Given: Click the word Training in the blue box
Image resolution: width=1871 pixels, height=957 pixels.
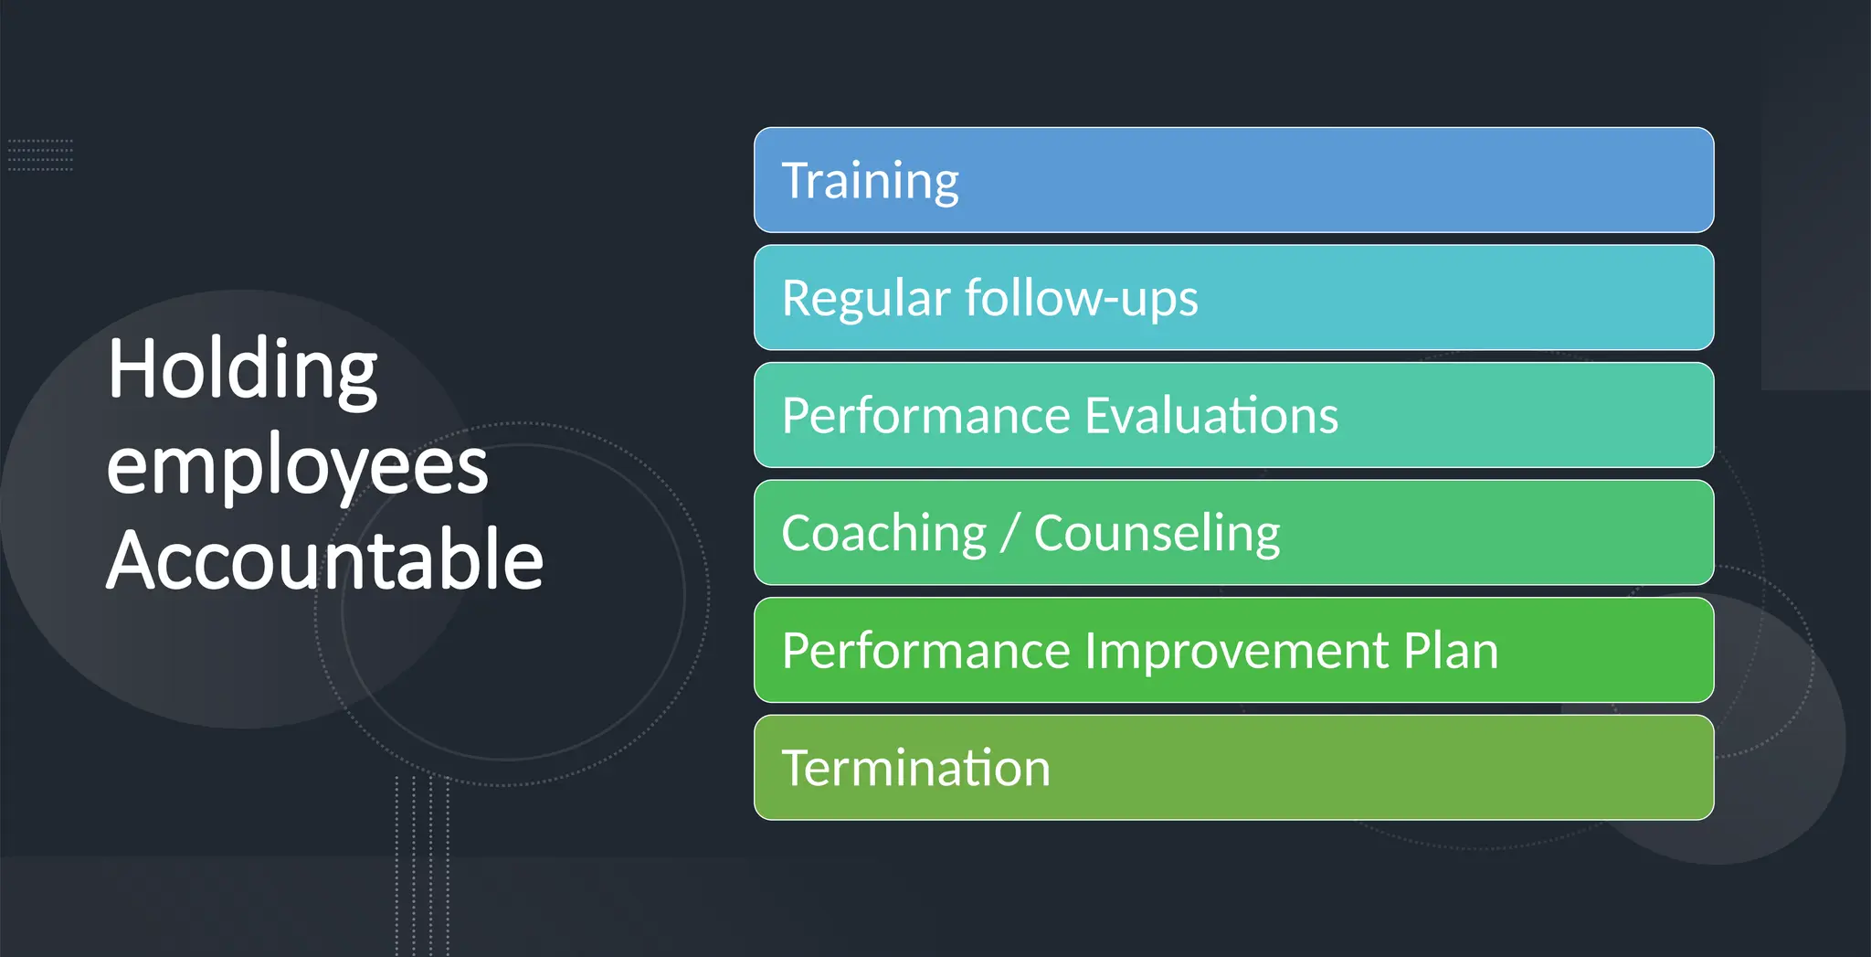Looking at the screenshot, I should coord(870,181).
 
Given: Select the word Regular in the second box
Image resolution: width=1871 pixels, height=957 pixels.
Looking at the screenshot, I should coord(865,299).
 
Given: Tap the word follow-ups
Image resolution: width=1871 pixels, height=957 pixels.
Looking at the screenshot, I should coord(1081,299).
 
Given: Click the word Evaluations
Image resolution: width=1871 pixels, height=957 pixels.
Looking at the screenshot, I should coord(1210,416).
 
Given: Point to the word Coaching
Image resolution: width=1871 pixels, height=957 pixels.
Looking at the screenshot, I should coord(883,534).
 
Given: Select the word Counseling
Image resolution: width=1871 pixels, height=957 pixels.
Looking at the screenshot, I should coord(1157,534).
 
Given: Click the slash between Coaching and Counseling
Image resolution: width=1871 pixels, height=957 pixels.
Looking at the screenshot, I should coord(1009,534).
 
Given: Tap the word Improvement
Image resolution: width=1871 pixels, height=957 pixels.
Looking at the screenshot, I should coord(1237,651).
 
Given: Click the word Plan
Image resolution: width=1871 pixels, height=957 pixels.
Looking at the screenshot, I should coord(1450,651).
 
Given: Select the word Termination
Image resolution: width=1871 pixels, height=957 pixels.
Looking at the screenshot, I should coord(915,769).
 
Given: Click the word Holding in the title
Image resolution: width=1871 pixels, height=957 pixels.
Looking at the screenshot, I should coord(242,370).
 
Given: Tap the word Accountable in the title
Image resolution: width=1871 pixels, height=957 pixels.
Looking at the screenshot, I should coord(324,559).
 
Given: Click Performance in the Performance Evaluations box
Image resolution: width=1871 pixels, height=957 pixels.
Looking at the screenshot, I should coord(925,416).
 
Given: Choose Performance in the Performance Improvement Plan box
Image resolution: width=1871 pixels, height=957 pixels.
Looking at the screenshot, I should coord(925,651).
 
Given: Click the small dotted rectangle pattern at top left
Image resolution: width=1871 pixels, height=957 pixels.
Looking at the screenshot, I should coord(40,155).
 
